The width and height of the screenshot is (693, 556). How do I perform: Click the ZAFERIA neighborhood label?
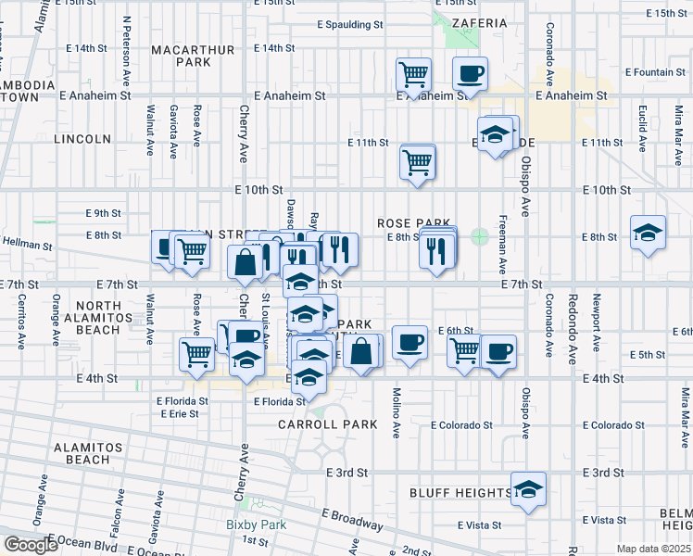point(480,22)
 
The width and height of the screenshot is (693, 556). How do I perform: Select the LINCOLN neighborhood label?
point(82,139)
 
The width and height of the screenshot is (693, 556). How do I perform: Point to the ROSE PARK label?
point(413,223)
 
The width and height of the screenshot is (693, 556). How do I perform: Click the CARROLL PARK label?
point(328,424)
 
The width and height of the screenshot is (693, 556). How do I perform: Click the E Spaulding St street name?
point(349,25)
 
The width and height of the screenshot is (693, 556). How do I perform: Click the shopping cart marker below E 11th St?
point(418,161)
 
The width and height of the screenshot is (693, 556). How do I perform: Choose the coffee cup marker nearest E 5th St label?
point(498,350)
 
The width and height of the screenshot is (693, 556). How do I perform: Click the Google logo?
point(31,545)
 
